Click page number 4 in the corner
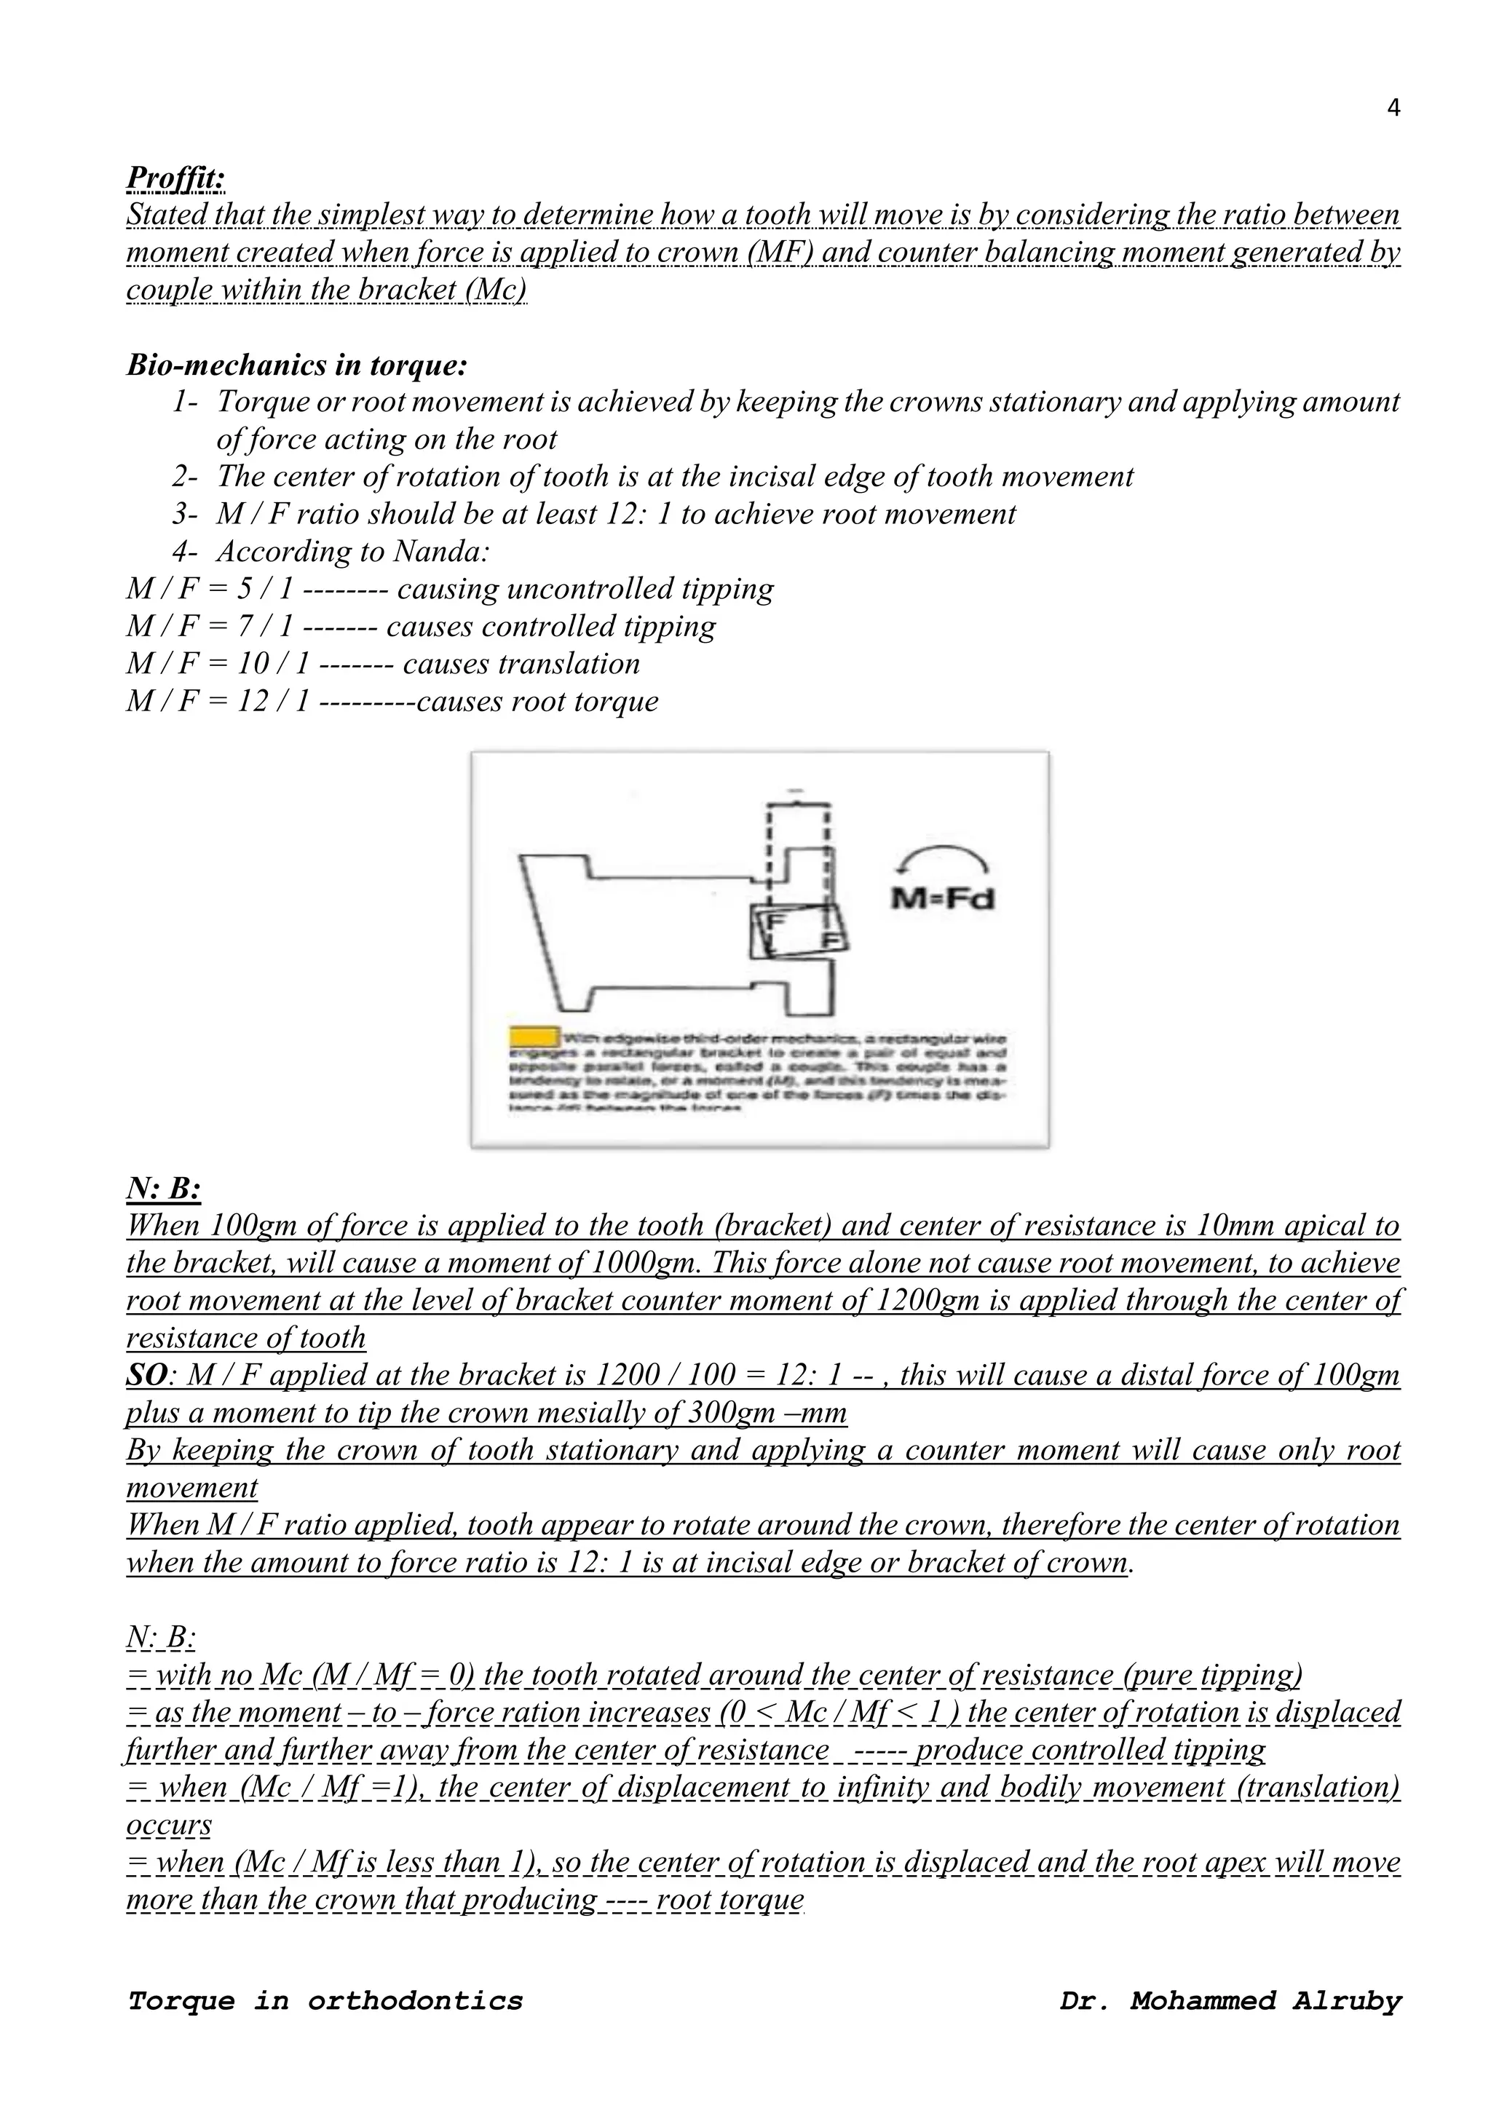pos(1393,108)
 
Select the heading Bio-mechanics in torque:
pos(296,365)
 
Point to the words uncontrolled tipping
pos(640,589)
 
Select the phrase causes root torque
pos(537,700)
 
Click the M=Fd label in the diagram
pos(942,898)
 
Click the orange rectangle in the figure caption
pos(534,1037)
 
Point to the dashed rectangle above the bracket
pos(799,849)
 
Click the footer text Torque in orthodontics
pos(325,2000)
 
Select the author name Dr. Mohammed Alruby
pos(1230,2000)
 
